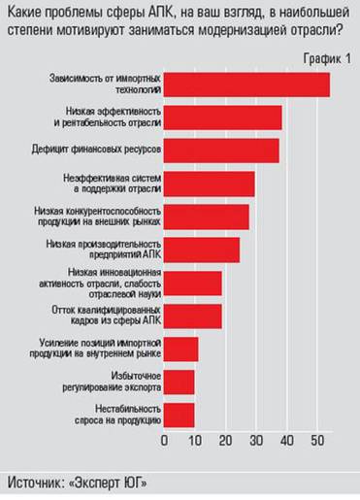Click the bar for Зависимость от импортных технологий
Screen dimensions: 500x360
tap(247, 84)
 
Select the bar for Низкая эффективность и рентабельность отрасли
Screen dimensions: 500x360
tap(223, 117)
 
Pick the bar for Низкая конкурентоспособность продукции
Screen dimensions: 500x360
tap(207, 217)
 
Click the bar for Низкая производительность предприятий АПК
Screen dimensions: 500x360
tap(202, 250)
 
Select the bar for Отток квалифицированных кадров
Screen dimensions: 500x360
tap(193, 316)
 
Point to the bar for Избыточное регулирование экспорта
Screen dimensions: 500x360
tap(180, 382)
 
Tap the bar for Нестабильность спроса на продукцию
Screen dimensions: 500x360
tap(180, 415)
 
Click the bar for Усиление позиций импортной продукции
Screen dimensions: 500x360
tap(181, 349)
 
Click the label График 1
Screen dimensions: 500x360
tap(324, 59)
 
